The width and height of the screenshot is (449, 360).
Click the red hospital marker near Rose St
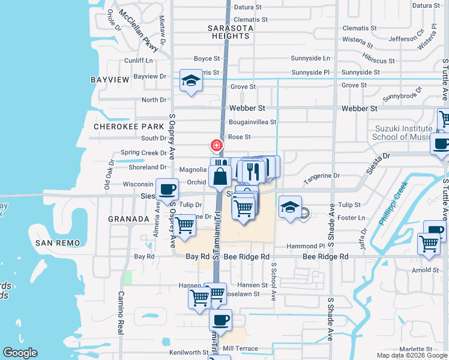click(216, 145)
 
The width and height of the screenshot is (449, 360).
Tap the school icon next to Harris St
click(191, 82)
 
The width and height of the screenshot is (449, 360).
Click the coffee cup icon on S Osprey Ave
click(167, 190)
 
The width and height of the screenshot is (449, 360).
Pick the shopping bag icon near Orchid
click(220, 176)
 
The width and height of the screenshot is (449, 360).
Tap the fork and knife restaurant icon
click(252, 171)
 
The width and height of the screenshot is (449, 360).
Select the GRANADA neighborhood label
click(128, 219)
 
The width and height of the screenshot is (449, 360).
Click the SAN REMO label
click(58, 242)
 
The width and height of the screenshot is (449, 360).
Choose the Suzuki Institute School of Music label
click(403, 133)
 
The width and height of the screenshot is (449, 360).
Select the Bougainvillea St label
click(252, 122)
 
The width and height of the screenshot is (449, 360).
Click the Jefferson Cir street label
click(407, 39)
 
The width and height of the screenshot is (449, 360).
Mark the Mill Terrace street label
click(240, 348)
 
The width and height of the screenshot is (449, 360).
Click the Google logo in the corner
click(20, 353)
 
